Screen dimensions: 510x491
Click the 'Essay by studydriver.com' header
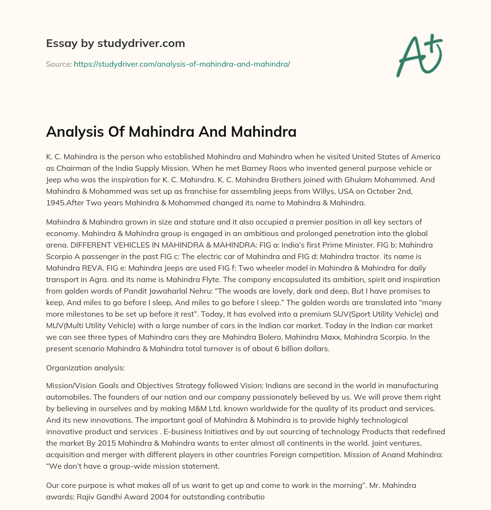[x=115, y=44]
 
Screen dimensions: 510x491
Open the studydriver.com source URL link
[x=182, y=63]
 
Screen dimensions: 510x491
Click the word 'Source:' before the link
[x=58, y=63]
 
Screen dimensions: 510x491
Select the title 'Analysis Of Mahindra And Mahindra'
[x=171, y=131]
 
